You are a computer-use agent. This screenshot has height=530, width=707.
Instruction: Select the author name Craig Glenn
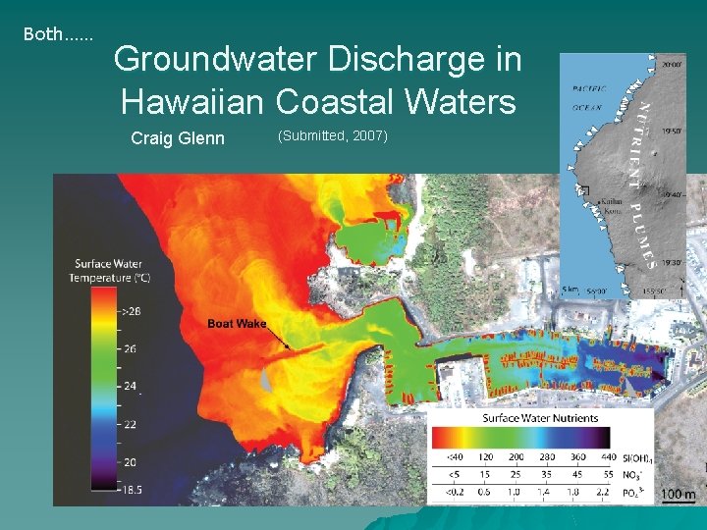point(178,139)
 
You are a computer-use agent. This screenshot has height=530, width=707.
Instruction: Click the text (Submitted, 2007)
point(333,134)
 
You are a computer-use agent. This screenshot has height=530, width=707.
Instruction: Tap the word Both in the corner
point(42,34)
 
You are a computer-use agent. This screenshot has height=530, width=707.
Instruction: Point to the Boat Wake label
point(237,324)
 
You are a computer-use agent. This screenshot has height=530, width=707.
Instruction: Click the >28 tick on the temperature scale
point(131,310)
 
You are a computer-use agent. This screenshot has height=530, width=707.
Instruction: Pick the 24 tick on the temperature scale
point(131,386)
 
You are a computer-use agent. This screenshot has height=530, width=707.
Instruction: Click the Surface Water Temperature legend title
point(108,271)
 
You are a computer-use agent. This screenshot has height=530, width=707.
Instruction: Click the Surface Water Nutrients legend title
point(539,418)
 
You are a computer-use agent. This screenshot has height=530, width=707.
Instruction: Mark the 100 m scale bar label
point(677,495)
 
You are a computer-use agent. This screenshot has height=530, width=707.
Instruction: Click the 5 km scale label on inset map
point(571,290)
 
